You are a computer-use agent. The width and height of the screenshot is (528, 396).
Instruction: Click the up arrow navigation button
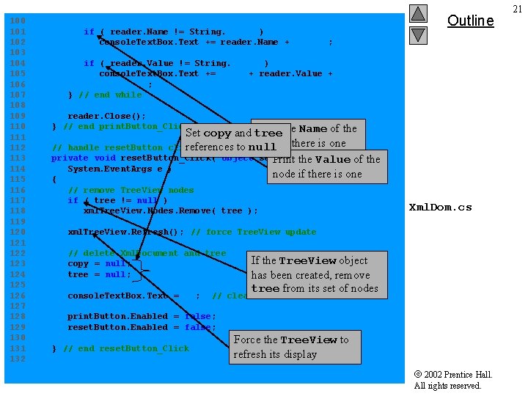click(418, 14)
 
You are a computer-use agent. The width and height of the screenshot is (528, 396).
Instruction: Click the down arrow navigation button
click(418, 34)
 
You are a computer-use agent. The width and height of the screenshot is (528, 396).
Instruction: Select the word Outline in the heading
click(470, 21)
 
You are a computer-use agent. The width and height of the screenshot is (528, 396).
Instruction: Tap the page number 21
click(518, 9)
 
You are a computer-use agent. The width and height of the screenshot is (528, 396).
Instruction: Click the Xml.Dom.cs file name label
click(440, 208)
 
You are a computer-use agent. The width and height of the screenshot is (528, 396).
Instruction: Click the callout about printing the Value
click(326, 167)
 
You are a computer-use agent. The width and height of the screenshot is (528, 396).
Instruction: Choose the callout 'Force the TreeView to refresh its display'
click(295, 347)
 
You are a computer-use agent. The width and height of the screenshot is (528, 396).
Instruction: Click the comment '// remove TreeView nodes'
click(131, 190)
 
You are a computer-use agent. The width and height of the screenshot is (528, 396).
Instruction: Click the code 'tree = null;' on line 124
click(99, 274)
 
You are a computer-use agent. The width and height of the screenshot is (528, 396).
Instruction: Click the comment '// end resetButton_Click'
click(126, 348)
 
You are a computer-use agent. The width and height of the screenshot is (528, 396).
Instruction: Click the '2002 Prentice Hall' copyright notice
click(453, 375)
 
